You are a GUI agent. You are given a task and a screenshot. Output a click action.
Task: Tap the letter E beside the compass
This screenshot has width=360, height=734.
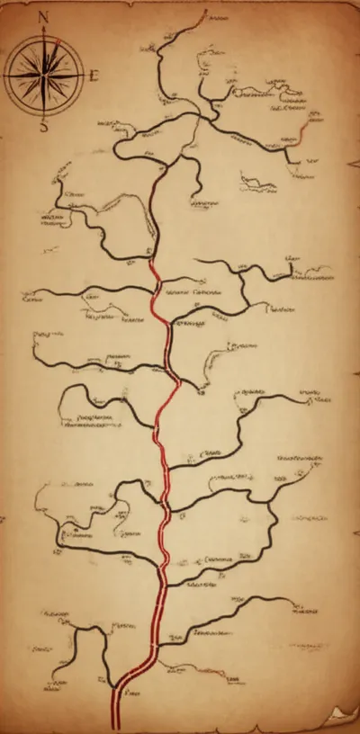pos(93,76)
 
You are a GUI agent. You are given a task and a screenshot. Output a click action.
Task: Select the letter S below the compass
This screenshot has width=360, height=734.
pos(43,127)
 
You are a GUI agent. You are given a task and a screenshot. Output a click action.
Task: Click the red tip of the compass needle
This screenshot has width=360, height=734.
pos(58,40)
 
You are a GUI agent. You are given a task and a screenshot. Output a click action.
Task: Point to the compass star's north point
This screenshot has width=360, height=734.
pos(43,38)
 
